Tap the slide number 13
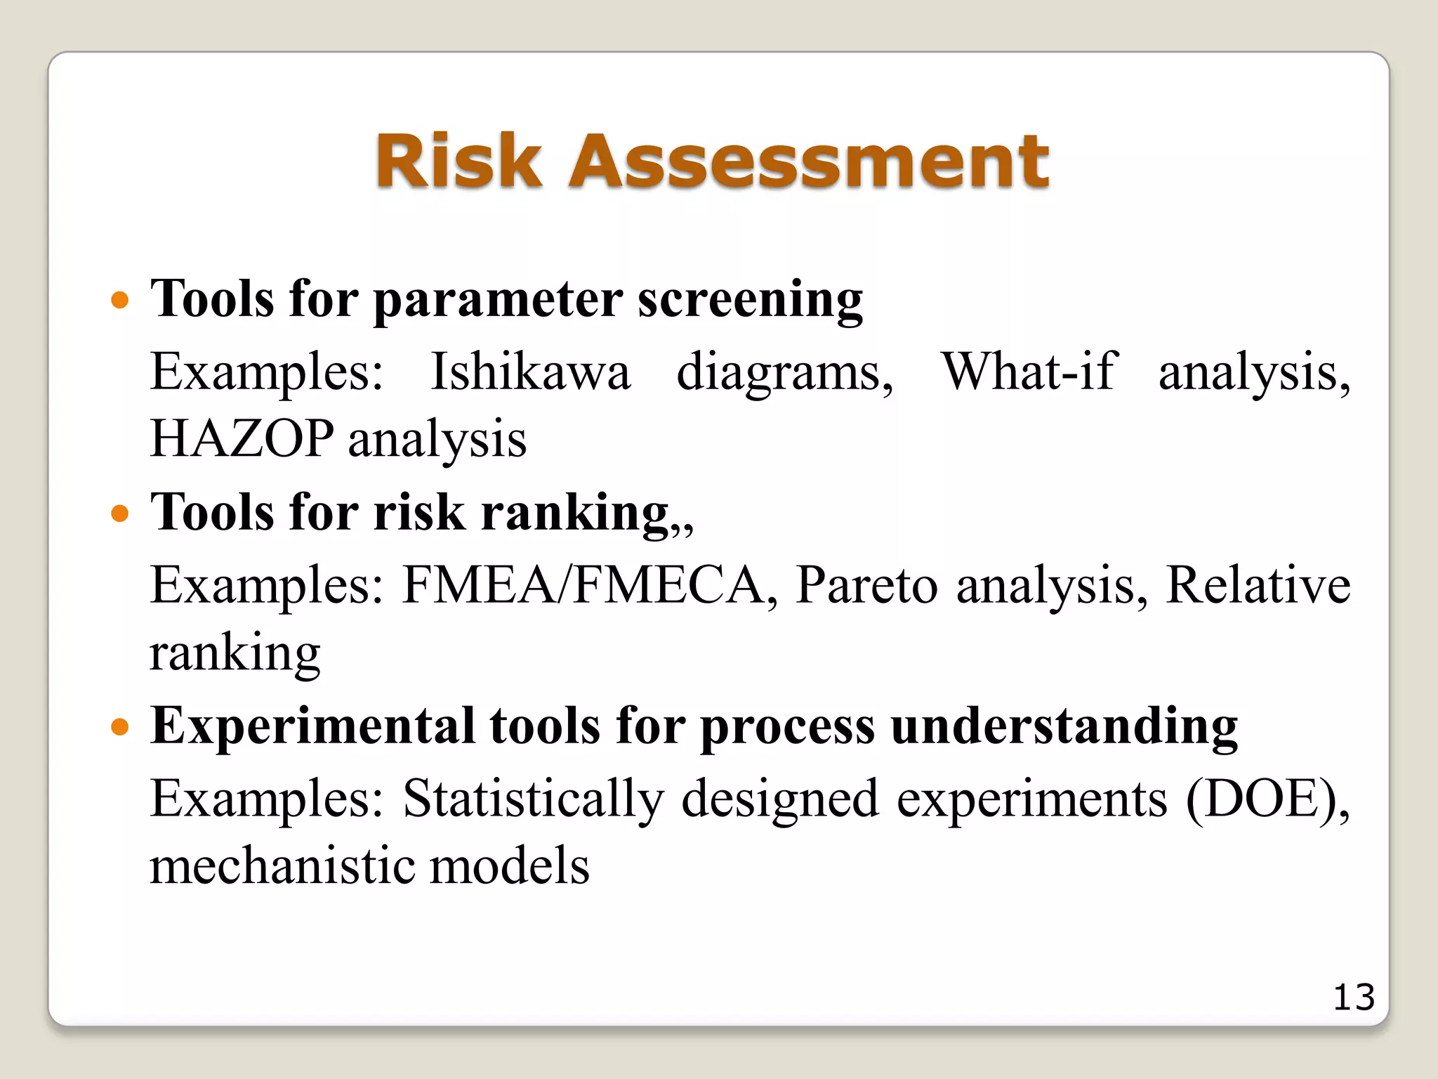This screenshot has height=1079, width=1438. coord(1353,998)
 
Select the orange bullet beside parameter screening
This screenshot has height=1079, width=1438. coord(121,301)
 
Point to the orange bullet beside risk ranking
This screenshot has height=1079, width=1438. coord(121,514)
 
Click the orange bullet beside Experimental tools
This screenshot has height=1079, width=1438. coord(121,727)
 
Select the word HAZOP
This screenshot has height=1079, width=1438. coord(242,438)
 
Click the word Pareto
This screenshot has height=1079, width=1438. coord(866,584)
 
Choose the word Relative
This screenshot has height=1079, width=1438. coord(1258,584)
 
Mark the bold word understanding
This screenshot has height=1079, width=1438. coord(1064,727)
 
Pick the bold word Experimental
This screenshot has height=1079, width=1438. coord(312,727)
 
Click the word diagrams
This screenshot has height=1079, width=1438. coord(784,373)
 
